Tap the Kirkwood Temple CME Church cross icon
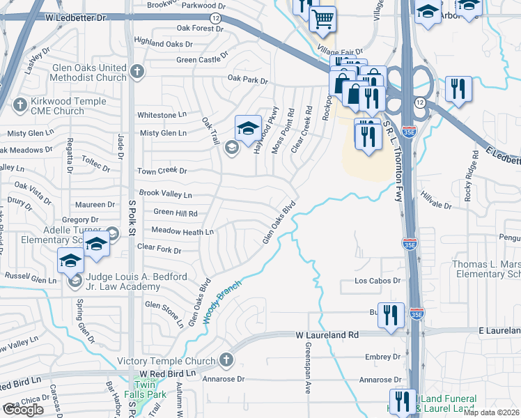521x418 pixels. (19, 106)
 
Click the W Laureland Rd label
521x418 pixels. (326, 335)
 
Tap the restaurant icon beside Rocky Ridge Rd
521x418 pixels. (458, 88)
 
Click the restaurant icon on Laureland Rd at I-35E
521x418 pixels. (391, 315)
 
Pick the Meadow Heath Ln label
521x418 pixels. (182, 231)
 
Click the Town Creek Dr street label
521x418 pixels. (162, 171)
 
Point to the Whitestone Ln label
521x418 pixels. (162, 114)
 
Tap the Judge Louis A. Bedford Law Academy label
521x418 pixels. (132, 281)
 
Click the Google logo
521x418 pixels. (23, 410)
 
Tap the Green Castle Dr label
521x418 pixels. (203, 59)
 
